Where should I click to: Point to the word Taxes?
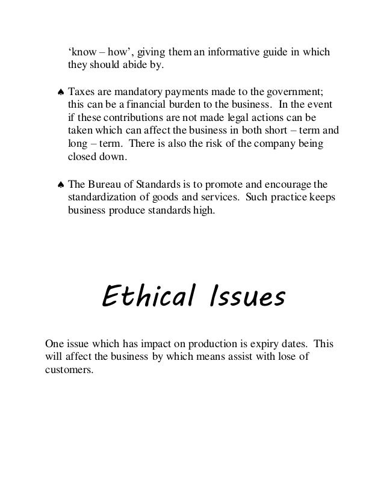(x=82, y=92)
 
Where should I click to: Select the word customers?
(x=69, y=370)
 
